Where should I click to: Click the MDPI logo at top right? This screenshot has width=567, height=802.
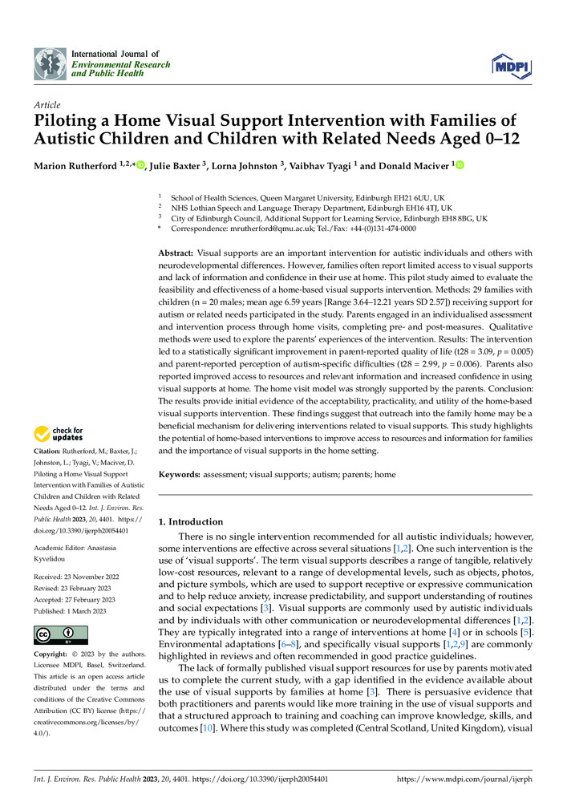coord(510,66)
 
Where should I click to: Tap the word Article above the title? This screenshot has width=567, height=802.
coord(47,105)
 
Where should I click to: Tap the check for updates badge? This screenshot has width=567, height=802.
coord(59,435)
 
